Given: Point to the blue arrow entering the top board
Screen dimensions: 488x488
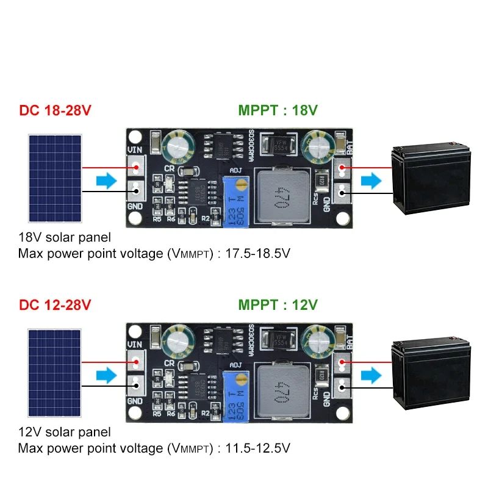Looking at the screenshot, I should [106, 181].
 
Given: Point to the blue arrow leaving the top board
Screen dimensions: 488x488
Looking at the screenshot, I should [370, 181].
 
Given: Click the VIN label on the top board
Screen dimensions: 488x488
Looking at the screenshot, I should [134, 149].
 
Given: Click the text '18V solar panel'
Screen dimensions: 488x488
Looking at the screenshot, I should [65, 237].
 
